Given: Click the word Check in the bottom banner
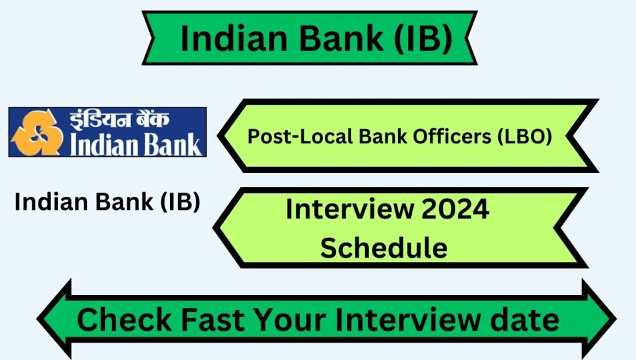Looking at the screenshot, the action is click(x=124, y=320).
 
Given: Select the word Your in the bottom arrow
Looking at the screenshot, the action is click(x=291, y=320).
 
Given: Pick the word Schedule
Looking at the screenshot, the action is click(x=384, y=247).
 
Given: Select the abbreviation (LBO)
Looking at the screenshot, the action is click(x=525, y=137).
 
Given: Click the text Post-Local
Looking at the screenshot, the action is click(x=300, y=136).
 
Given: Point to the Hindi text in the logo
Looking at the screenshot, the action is click(x=119, y=120).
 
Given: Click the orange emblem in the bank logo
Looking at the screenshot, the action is click(x=37, y=132).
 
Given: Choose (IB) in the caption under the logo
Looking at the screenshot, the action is click(x=180, y=202).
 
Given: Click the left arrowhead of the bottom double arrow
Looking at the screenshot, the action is click(x=55, y=319).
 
